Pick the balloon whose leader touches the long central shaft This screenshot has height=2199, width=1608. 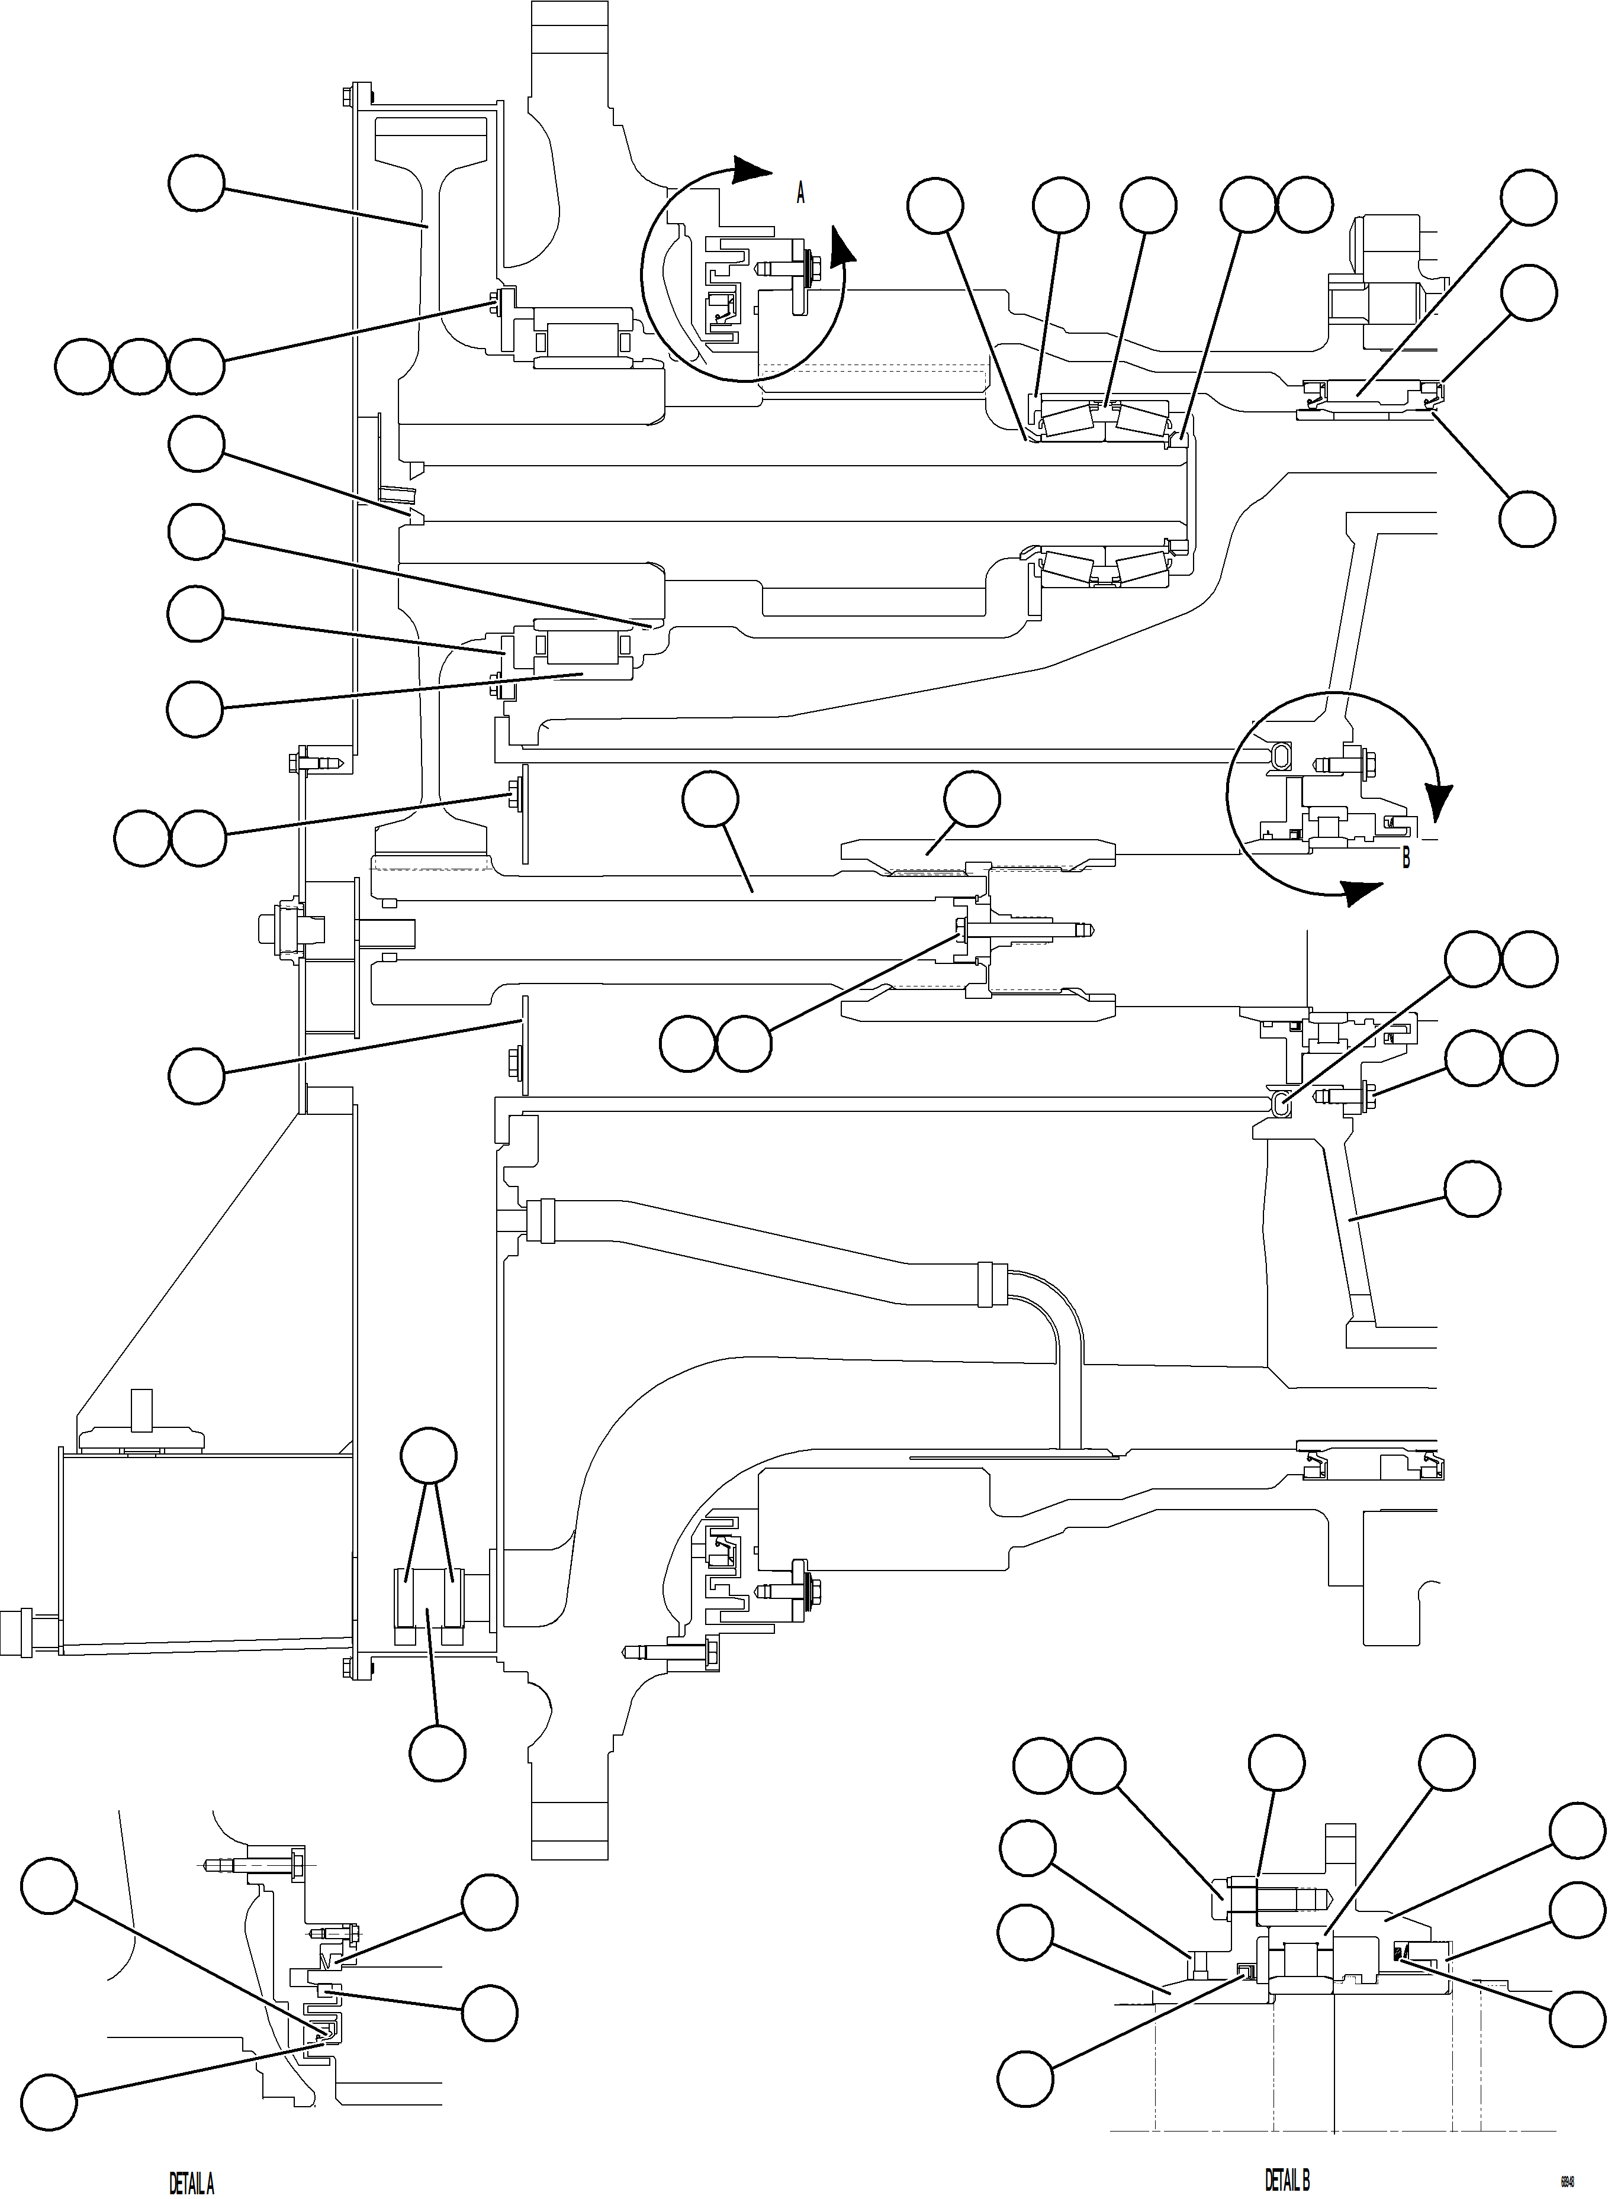[x=710, y=800]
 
